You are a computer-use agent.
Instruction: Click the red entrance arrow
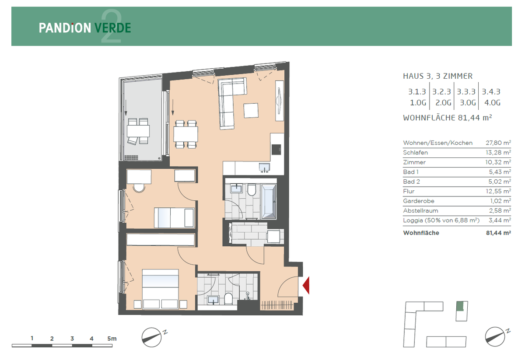[x=307, y=286]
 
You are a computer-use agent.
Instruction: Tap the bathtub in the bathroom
[x=269, y=202]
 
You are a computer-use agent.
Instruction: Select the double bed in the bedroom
[x=160, y=289]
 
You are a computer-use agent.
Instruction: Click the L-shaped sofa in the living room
[x=230, y=101]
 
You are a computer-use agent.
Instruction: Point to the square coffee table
[x=251, y=110]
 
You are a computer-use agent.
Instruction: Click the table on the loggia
[x=138, y=131]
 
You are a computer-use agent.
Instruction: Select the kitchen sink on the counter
[x=264, y=167]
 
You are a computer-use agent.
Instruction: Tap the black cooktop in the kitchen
[x=276, y=149]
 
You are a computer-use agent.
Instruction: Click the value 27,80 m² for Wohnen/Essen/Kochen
[x=498, y=143]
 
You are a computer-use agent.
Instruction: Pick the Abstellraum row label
[x=420, y=211]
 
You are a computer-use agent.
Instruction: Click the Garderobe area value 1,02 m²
[x=500, y=201]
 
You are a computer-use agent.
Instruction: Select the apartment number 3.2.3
[x=441, y=92]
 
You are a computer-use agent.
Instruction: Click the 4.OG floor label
[x=493, y=103]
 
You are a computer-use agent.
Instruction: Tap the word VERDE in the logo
[x=113, y=28]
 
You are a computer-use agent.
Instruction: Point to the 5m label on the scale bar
[x=112, y=339]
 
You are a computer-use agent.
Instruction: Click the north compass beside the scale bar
[x=152, y=337]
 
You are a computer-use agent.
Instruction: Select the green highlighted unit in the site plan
[x=460, y=306]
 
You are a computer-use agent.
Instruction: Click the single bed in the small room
[x=175, y=217]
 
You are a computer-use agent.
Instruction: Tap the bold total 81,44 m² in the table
[x=498, y=233]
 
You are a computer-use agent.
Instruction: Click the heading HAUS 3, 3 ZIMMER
[x=437, y=76]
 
